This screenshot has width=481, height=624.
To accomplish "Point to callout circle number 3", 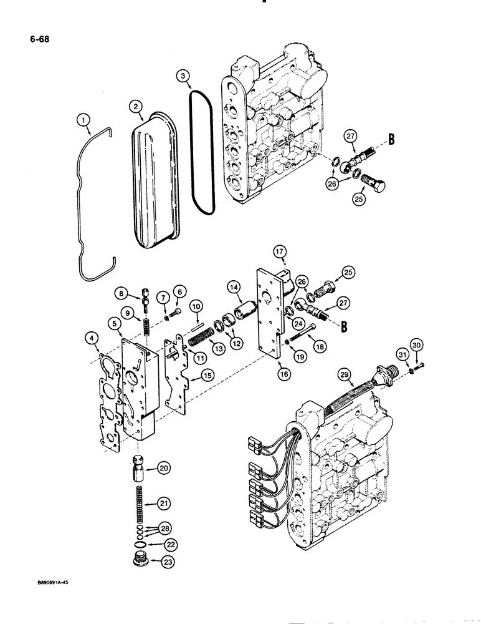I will (184, 76).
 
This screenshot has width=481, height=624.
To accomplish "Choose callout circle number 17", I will (280, 251).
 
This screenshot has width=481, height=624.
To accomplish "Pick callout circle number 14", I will (234, 287).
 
